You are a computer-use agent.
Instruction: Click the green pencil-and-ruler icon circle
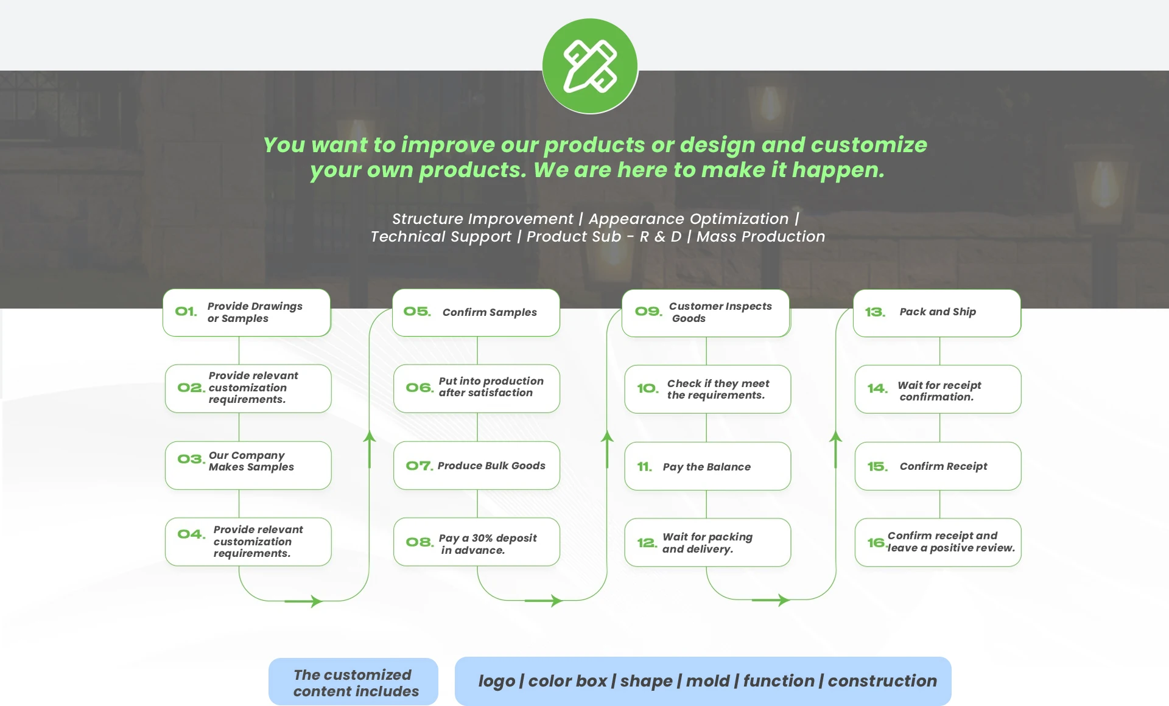(590, 66)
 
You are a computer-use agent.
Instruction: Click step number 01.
(186, 312)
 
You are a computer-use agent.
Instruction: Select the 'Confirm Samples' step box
(476, 312)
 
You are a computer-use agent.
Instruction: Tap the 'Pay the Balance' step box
(707, 466)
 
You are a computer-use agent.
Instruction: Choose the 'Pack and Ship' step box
(937, 313)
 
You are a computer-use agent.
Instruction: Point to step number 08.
(420, 542)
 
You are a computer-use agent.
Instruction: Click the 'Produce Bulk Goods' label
(491, 466)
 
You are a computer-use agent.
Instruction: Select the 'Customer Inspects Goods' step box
(706, 313)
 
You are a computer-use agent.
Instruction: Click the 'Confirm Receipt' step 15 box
(938, 466)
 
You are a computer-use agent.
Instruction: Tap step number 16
(876, 542)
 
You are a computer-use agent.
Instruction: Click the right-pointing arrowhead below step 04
(316, 601)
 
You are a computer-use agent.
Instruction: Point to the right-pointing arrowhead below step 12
(784, 600)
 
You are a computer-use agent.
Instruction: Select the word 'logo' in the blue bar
(496, 681)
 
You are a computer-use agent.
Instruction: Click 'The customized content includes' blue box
(353, 682)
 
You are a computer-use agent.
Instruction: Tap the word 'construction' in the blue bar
(882, 680)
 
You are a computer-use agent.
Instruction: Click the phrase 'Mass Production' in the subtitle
(760, 236)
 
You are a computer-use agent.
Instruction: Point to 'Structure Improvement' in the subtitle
(482, 219)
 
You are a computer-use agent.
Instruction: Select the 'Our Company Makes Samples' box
(248, 466)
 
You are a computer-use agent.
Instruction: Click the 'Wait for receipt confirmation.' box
(938, 390)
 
